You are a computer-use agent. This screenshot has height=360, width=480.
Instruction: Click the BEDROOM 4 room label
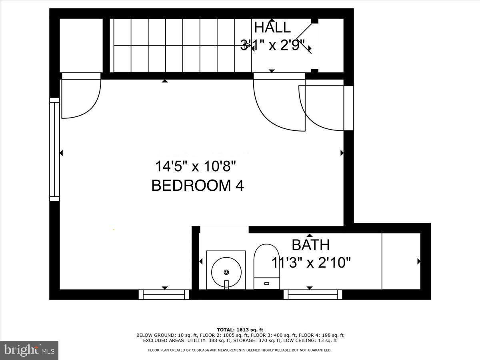[198, 186]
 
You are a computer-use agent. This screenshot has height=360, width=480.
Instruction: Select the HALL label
[272, 28]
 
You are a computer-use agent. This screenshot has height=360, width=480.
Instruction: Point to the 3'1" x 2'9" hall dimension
[272, 45]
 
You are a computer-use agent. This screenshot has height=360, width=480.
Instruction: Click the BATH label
[310, 244]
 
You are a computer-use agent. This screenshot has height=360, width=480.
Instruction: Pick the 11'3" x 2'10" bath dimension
[311, 263]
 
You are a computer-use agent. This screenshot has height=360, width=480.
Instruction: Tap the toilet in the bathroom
[266, 266]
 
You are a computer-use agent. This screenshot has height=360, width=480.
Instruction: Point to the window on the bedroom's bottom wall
[164, 295]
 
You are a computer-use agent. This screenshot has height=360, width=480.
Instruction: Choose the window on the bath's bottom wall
[313, 295]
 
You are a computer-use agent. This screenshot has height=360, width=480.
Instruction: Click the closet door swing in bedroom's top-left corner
[80, 98]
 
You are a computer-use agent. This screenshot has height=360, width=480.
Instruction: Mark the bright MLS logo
[29, 350]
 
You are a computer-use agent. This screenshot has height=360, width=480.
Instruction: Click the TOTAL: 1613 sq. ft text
[240, 330]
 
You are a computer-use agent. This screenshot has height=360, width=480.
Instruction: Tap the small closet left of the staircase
[81, 45]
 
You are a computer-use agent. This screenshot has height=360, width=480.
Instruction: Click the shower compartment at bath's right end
[401, 261]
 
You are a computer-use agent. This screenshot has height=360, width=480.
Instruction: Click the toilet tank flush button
[266, 283]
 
